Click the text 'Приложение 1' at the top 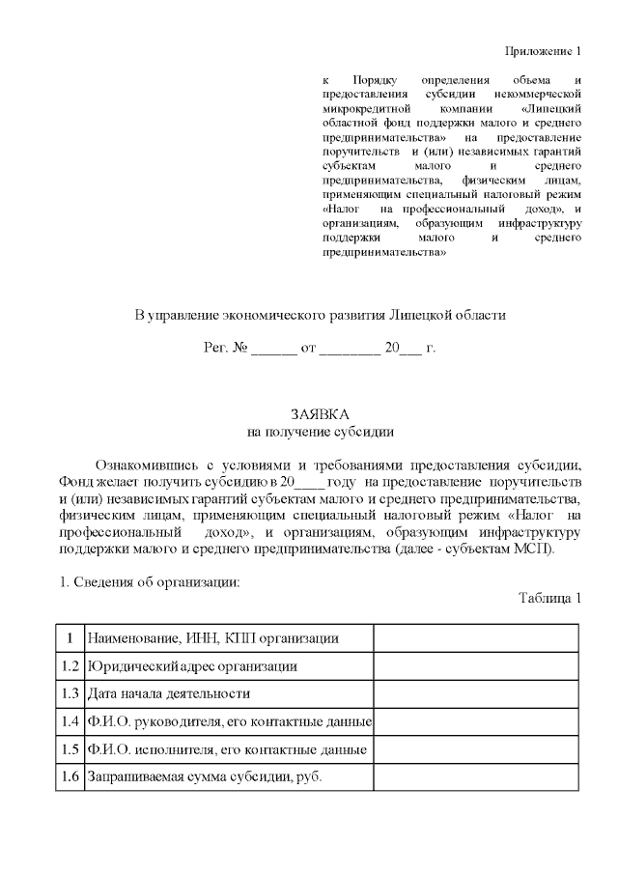click(x=545, y=50)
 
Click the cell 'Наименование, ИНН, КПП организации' click(x=212, y=638)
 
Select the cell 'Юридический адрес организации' click(x=191, y=666)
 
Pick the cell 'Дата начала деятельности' click(x=169, y=693)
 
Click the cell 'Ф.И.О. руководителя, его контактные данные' click(x=229, y=721)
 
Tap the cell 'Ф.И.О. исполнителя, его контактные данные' click(x=226, y=749)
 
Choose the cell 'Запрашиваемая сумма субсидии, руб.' click(x=204, y=777)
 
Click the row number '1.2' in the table click(x=69, y=666)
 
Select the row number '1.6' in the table click(x=69, y=777)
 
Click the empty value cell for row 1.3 click(x=476, y=693)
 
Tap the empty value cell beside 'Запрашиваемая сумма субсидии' click(x=476, y=777)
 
